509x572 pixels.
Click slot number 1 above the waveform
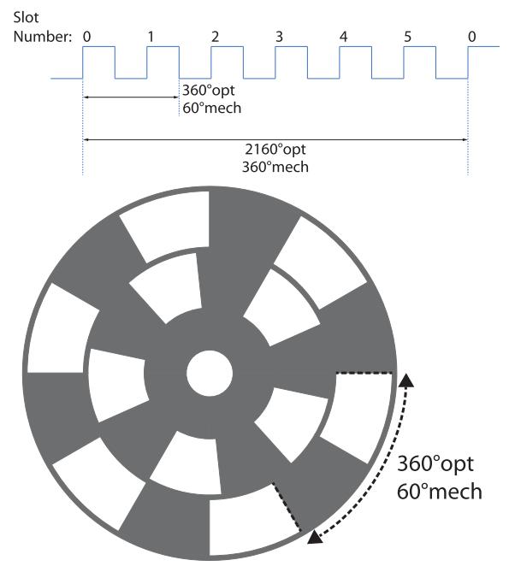(151, 37)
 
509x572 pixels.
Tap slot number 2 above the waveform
(216, 37)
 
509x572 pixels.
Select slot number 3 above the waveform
(279, 37)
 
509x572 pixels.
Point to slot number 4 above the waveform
(343, 37)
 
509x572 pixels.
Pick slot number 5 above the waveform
(407, 37)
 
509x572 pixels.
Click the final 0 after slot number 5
(471, 37)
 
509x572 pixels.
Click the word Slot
(26, 17)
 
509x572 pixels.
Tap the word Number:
(42, 37)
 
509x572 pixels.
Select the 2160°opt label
(275, 150)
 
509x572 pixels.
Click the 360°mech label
(275, 167)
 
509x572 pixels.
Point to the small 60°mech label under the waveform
(211, 108)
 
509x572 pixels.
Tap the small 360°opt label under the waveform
(209, 91)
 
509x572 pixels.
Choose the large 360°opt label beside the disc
(435, 464)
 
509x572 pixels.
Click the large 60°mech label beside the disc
(440, 492)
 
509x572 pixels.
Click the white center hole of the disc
(210, 373)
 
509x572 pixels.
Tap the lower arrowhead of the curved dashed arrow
(315, 537)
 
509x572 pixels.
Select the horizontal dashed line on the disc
(364, 373)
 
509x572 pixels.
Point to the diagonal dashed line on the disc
(287, 507)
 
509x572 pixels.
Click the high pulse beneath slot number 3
(291, 47)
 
